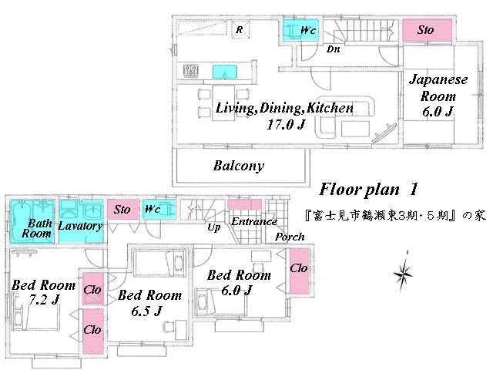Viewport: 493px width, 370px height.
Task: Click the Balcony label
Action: coord(238,166)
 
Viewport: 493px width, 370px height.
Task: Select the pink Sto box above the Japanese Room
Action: coord(426,30)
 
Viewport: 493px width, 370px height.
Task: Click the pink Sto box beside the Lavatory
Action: coord(122,210)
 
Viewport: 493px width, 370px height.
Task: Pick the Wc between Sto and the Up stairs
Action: coord(153,210)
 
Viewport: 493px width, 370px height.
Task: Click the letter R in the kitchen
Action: coord(240,31)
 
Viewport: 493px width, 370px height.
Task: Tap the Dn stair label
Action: coord(334,49)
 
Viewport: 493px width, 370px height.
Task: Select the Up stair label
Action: coord(216,228)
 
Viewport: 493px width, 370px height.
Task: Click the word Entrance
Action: coord(254,222)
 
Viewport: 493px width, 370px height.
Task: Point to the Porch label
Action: coord(290,237)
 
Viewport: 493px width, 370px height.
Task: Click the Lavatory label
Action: coord(80,226)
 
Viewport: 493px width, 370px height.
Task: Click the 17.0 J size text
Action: coord(284,123)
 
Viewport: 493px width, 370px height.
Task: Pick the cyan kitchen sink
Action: coord(226,72)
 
